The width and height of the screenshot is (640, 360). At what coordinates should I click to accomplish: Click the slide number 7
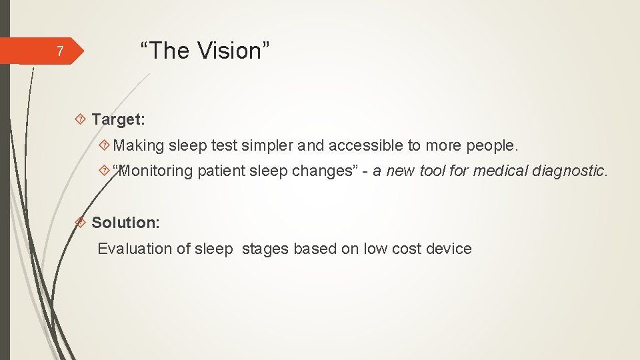(x=59, y=51)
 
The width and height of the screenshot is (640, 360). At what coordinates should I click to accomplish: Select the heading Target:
(x=118, y=119)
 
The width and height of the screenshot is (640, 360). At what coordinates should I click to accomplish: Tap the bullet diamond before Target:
(x=81, y=120)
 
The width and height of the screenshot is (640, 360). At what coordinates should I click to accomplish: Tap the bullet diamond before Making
(x=104, y=145)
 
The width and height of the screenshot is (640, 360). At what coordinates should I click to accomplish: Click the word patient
(x=221, y=171)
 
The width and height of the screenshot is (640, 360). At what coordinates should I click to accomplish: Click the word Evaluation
(x=135, y=249)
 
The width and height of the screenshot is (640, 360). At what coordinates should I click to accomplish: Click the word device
(x=448, y=249)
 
